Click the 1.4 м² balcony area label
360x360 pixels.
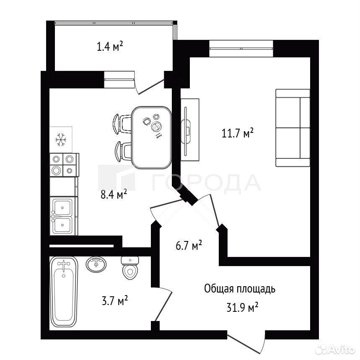[110, 47]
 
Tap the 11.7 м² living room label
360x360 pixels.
[237, 133]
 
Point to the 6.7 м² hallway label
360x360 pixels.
[189, 245]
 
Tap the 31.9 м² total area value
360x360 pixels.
[243, 307]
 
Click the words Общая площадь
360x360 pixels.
[240, 289]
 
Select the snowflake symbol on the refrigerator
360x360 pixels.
[61, 140]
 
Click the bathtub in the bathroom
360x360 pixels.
[64, 292]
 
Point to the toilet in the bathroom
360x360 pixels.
[130, 268]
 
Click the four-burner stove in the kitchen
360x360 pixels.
[64, 165]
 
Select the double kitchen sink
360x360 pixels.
[63, 216]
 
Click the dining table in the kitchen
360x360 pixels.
[152, 137]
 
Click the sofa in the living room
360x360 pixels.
[293, 128]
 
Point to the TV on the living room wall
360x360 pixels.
[186, 131]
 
